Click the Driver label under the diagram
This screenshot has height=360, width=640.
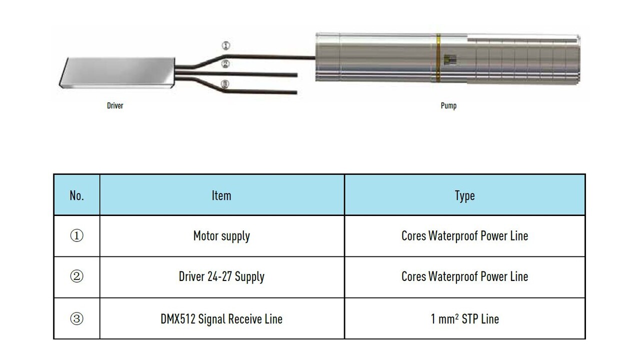point(115,106)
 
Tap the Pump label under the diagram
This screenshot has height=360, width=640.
point(448,106)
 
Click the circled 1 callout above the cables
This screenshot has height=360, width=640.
point(226,46)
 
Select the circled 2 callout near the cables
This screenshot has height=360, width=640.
point(225,64)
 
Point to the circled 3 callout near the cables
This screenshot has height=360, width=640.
point(225,84)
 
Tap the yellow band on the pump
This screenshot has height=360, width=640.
point(438,57)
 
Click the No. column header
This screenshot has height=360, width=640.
point(76,195)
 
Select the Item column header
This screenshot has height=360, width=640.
point(221,195)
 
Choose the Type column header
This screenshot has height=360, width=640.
point(464,195)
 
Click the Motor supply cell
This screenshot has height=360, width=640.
point(221,236)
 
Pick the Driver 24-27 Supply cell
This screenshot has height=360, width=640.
point(221,277)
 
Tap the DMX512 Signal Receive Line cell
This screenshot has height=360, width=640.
point(221,318)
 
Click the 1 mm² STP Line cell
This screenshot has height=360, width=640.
point(464,318)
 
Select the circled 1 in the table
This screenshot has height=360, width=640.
point(76,236)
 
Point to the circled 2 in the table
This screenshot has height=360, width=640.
point(76,277)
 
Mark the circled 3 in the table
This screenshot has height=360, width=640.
point(76,318)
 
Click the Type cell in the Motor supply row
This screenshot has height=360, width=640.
point(464,236)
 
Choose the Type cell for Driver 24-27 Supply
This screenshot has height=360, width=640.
point(464,277)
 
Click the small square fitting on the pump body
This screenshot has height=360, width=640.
point(451,59)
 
